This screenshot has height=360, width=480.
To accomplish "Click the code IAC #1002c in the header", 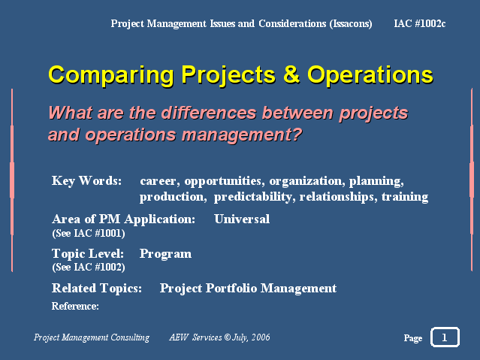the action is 420,23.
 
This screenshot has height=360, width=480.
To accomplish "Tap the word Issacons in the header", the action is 351,24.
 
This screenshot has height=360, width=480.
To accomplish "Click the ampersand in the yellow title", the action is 291,74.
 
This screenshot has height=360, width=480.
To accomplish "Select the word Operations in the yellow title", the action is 370,75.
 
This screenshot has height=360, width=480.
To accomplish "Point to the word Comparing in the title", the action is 111,75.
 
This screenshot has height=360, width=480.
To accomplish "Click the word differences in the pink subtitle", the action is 209,113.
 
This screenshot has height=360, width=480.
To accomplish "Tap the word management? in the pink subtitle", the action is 242,135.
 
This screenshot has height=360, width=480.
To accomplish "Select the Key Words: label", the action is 86,181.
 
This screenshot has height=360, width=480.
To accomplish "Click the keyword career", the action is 158,181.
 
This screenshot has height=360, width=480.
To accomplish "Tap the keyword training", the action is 405,197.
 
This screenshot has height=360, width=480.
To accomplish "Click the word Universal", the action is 242,219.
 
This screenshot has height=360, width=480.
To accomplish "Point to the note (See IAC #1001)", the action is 89,233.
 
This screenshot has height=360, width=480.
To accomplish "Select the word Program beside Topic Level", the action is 165,254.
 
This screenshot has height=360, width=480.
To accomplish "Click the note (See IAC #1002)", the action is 89,267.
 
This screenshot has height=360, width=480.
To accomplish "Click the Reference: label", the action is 75,306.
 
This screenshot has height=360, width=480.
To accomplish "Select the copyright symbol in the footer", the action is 227,337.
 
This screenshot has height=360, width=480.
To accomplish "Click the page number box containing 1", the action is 445,337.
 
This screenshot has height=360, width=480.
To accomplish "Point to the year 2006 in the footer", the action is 261,337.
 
